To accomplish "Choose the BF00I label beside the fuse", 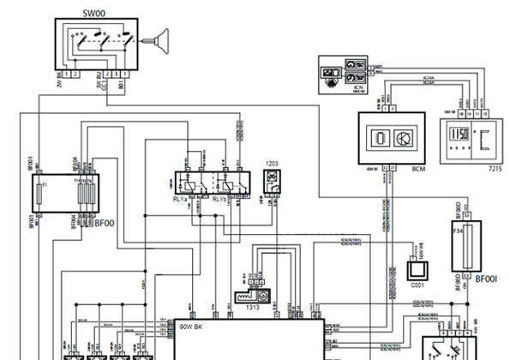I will pyautogui.click(x=486, y=279).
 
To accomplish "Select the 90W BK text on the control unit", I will pyautogui.click(x=192, y=327).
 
